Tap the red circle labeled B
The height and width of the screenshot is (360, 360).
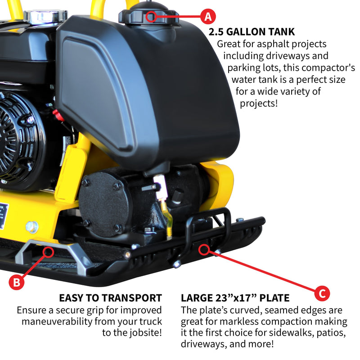tap(16, 282)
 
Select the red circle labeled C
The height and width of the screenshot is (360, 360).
tap(322, 293)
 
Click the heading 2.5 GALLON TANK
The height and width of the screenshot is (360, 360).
tap(252, 31)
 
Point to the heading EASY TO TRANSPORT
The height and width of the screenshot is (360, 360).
tap(110, 298)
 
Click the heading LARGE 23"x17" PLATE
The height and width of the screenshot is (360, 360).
tap(235, 298)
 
